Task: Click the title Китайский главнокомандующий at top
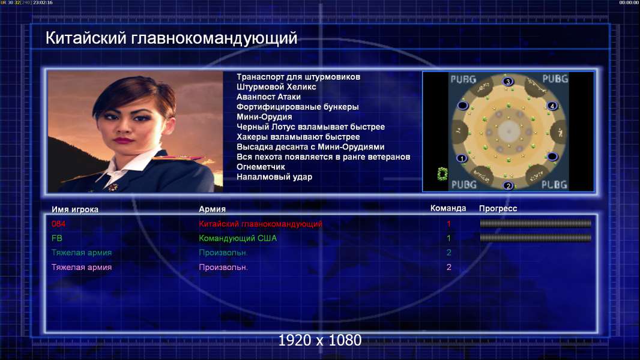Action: [172, 38]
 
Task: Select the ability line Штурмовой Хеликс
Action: [276, 87]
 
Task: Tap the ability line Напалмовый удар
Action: [274, 177]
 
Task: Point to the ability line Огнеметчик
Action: [261, 167]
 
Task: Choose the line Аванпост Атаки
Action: [268, 97]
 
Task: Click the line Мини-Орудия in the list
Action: [265, 117]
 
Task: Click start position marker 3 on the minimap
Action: [508, 82]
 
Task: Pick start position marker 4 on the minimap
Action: [552, 106]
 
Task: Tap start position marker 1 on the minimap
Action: [462, 158]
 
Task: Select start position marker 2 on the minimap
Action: [508, 186]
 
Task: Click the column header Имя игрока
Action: [75, 209]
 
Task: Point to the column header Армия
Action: [213, 209]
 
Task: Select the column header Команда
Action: [448, 208]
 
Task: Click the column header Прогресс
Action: [498, 209]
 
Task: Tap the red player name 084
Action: [58, 224]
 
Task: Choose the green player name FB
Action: [56, 239]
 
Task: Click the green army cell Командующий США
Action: [238, 239]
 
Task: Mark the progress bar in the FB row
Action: [536, 238]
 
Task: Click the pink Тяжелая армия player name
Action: [82, 268]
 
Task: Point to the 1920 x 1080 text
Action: [320, 340]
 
